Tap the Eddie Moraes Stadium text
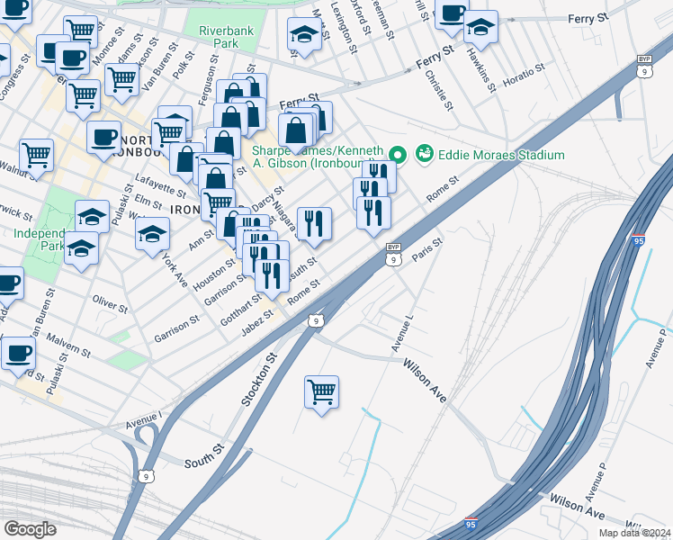point(501,155)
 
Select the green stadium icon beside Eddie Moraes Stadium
point(424,155)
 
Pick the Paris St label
point(427,249)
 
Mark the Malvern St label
point(69,346)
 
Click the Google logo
point(30,528)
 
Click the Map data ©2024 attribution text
point(635,533)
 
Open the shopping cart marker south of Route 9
point(321,392)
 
